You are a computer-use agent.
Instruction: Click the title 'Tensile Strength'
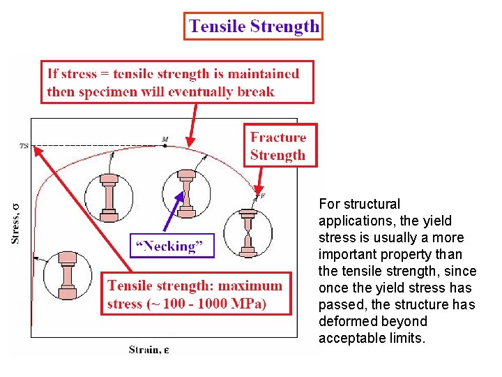pos(254,27)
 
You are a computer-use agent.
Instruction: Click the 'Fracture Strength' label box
pos(277,146)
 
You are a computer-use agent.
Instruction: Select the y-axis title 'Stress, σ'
pos(15,223)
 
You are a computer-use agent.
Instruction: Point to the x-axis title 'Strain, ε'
pos(148,349)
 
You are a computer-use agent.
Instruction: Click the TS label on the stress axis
pos(24,146)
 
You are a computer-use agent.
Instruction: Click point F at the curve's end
pos(261,195)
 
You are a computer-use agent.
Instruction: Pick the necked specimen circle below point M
pos(186,193)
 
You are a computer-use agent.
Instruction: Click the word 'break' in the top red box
pos(255,91)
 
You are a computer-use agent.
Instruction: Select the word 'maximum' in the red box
pos(250,285)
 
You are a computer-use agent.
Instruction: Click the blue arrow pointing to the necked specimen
pos(174,214)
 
